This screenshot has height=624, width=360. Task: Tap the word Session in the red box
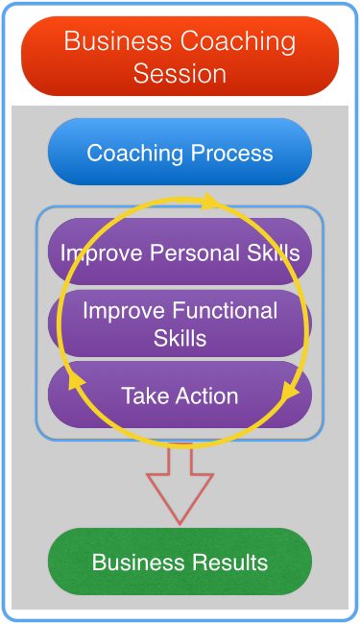point(180,74)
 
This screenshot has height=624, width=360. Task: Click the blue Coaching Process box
point(180,152)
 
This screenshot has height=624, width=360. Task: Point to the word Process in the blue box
point(232,153)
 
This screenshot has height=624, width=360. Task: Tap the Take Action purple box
point(180,395)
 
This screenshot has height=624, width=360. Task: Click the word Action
point(206,396)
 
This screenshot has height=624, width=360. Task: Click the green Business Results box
point(180,562)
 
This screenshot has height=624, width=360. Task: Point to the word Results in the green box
point(230,563)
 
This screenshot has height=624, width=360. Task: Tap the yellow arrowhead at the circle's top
point(209,201)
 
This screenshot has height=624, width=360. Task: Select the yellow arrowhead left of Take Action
point(76,382)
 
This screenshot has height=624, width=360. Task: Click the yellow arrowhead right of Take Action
point(290,391)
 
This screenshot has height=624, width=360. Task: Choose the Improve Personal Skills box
point(180,252)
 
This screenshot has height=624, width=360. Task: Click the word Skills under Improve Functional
point(180,338)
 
